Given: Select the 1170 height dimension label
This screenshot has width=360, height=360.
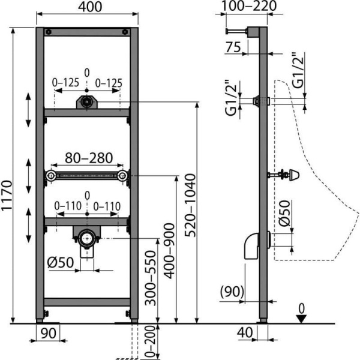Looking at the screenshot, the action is [7, 196].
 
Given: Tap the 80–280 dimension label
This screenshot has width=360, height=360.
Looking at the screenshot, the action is [89, 158].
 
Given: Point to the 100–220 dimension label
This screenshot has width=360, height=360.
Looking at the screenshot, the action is [249, 6].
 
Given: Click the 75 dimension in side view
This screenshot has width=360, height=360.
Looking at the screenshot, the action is [233, 47].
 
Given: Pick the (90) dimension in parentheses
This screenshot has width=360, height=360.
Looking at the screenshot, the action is [232, 292].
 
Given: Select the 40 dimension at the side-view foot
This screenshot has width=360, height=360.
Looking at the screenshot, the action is [245, 332].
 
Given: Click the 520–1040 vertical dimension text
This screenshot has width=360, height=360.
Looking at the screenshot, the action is [191, 205].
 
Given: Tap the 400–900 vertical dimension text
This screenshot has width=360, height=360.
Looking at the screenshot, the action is [170, 251].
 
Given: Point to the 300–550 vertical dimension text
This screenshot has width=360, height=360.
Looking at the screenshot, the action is [151, 278].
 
